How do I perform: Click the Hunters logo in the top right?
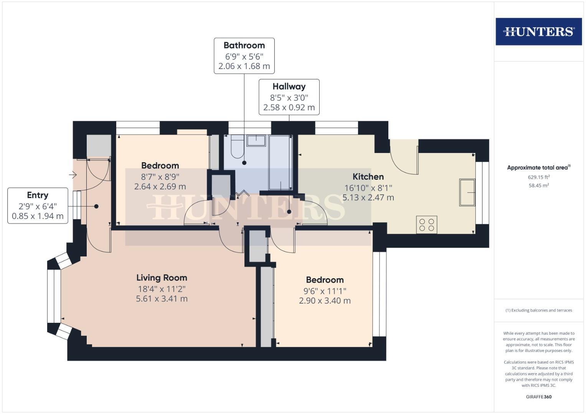[538, 31]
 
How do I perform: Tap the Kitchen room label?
[368, 177]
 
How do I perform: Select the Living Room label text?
[162, 278]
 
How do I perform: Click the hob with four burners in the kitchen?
[426, 225]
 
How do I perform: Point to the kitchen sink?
[467, 192]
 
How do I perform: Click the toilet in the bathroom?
[237, 147]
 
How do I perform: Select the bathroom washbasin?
[256, 140]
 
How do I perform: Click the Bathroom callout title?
[244, 45]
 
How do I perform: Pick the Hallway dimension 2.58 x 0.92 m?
[289, 108]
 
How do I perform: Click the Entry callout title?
[38, 195]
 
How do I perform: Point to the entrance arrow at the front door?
[73, 175]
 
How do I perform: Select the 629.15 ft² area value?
[538, 177]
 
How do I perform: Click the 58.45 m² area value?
[538, 186]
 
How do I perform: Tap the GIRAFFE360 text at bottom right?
[538, 397]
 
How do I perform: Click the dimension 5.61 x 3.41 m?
[162, 299]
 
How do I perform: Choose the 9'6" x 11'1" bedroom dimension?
[325, 291]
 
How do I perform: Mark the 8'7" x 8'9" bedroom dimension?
[160, 177]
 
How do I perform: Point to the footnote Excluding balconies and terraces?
[538, 310]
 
